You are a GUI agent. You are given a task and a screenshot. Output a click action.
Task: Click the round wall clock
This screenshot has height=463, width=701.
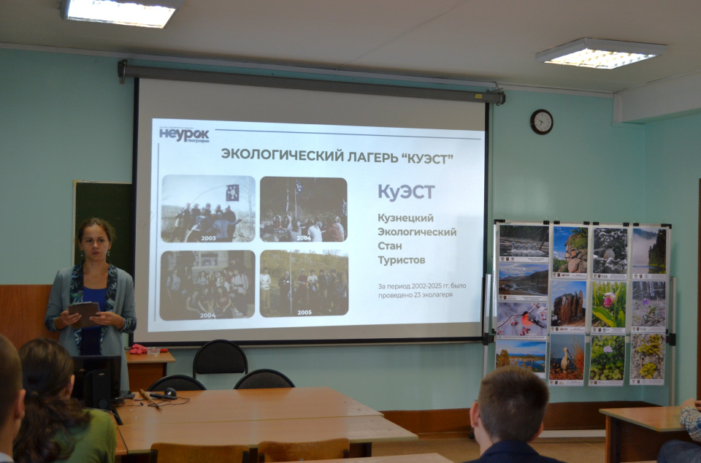541,121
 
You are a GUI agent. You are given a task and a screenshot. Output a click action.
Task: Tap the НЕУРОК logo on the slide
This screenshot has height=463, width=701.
184,134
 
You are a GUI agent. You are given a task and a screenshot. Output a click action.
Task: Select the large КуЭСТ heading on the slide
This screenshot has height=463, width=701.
406,192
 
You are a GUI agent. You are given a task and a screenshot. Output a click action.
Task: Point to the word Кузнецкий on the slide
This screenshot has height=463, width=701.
405,218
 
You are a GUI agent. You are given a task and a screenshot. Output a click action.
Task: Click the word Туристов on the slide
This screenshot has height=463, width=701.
402,260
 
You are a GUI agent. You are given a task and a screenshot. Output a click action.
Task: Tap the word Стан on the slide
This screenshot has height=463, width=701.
391,246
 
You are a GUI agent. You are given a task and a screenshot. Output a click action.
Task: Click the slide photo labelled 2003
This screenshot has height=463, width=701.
208,208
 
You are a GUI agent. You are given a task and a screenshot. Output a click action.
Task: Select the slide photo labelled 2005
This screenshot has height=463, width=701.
304,283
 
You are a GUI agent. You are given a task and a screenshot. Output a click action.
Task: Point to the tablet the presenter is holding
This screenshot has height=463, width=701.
85,313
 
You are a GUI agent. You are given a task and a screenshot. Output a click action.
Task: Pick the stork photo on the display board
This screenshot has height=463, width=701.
567,357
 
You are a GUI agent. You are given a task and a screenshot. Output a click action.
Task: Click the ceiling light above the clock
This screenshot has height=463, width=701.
600,53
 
